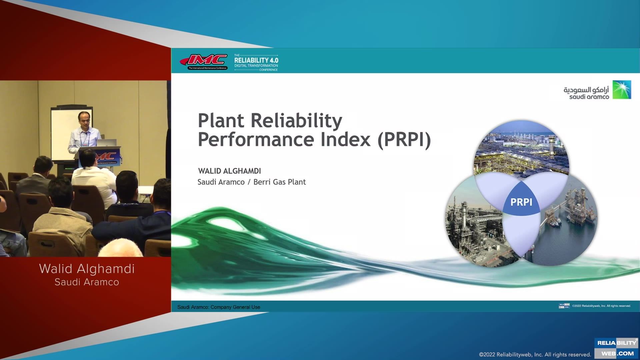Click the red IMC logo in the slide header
pyautogui.click(x=204, y=61)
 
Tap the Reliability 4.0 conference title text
pyautogui.click(x=256, y=60)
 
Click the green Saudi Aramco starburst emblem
pyautogui.click(x=622, y=90)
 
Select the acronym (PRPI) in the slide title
pyautogui.click(x=404, y=140)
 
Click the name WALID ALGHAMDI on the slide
pyautogui.click(x=229, y=171)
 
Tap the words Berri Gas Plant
pyautogui.click(x=279, y=182)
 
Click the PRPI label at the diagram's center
pyautogui.click(x=521, y=202)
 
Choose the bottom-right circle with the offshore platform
pyautogui.click(x=570, y=227)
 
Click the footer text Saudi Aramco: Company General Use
pyautogui.click(x=219, y=307)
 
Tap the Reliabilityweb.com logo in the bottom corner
pyautogui.click(x=616, y=348)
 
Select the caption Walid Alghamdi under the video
pyautogui.click(x=87, y=269)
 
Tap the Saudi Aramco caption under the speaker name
pyautogui.click(x=87, y=282)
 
